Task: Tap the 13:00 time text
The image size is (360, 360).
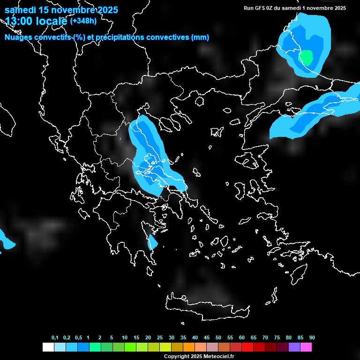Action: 20,21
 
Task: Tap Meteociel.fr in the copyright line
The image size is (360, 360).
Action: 218,357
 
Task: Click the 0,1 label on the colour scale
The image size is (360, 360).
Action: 55,337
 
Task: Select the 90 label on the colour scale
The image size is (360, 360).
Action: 312,337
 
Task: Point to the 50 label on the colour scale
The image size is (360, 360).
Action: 218,337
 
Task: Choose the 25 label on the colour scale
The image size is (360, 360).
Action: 160,337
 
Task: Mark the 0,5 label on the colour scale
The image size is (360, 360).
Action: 78,337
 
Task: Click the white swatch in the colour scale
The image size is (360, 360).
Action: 48,347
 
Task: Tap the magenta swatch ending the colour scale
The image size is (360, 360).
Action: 306,347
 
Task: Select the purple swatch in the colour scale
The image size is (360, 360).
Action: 294,347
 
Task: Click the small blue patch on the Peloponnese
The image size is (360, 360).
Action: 152,242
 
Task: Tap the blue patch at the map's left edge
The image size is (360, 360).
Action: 6,240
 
